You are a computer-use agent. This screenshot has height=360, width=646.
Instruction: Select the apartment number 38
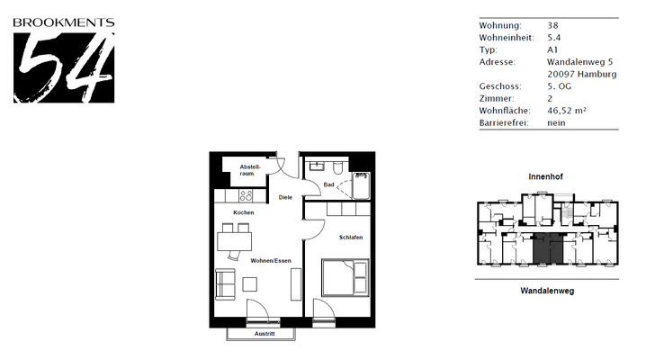coord(552,25)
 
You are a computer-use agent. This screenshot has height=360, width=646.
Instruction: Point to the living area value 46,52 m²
coord(567,110)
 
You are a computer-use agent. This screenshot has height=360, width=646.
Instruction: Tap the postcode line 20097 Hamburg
coord(582,74)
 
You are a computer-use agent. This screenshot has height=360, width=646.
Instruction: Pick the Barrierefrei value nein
coord(556,122)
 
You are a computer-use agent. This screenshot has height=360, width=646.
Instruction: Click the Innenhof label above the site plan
coord(546,177)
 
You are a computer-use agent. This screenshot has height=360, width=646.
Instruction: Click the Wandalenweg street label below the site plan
coord(546,292)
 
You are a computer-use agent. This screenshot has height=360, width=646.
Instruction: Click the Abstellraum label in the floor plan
coord(249,169)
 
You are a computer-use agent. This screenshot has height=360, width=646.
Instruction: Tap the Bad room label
coord(328,184)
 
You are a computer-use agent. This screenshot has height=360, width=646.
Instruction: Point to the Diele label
coord(285,196)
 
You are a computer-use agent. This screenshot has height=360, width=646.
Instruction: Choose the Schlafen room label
coord(351,237)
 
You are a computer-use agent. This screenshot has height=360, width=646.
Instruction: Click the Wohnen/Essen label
coord(271,260)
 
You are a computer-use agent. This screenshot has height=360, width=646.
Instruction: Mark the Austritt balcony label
coord(265,334)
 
